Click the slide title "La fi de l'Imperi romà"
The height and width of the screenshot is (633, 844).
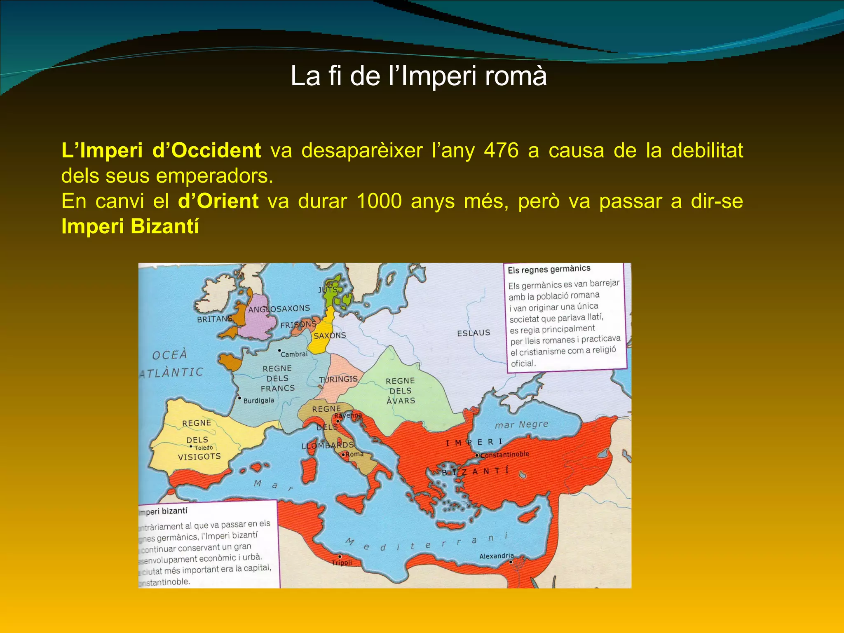[418, 76]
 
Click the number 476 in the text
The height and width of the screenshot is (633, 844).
[501, 151]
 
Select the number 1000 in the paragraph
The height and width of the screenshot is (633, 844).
[379, 202]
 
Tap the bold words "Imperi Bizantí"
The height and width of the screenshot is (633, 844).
[130, 227]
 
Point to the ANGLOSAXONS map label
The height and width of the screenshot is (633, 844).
[279, 309]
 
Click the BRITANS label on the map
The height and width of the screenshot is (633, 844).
[214, 319]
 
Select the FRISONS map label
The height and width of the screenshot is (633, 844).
[298, 325]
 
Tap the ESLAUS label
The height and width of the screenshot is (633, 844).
[474, 333]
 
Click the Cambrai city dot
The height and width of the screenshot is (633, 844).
[279, 351]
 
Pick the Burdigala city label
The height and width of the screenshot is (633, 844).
[258, 401]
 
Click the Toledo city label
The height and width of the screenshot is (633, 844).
[204, 448]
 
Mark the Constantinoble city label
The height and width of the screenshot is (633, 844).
[504, 455]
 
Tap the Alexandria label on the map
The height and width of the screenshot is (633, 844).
[496, 556]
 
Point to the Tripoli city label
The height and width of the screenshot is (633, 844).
[342, 563]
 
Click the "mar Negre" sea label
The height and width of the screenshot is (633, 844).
[521, 424]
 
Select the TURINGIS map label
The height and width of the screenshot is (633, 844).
[338, 380]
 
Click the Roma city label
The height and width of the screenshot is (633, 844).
[354, 454]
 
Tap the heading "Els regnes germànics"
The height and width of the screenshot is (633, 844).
[549, 270]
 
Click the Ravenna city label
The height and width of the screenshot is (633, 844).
[348, 415]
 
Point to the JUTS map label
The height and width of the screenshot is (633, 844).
[328, 290]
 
